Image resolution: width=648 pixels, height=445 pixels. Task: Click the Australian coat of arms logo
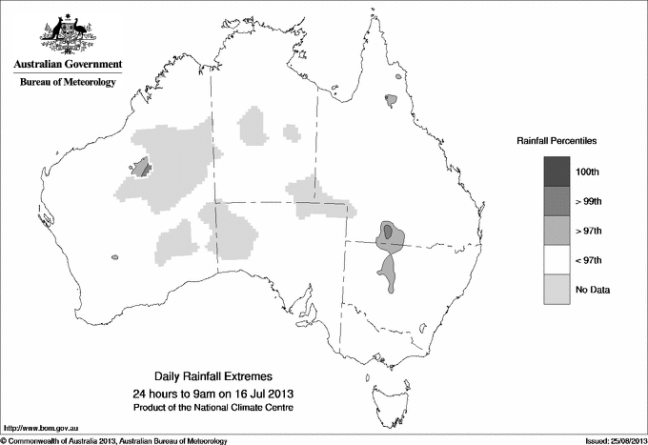click(x=66, y=32)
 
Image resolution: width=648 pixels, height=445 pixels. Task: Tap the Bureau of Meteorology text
click(x=68, y=83)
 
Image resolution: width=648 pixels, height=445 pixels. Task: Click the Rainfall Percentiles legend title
click(x=557, y=140)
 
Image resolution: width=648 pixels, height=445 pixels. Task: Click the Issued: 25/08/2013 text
click(x=610, y=440)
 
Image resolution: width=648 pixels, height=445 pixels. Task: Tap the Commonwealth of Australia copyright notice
click(x=114, y=440)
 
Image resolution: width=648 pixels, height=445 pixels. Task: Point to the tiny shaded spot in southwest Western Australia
click(x=114, y=256)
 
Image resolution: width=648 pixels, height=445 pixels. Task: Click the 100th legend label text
click(x=587, y=172)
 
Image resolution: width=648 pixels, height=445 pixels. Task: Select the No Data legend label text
click(x=592, y=290)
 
